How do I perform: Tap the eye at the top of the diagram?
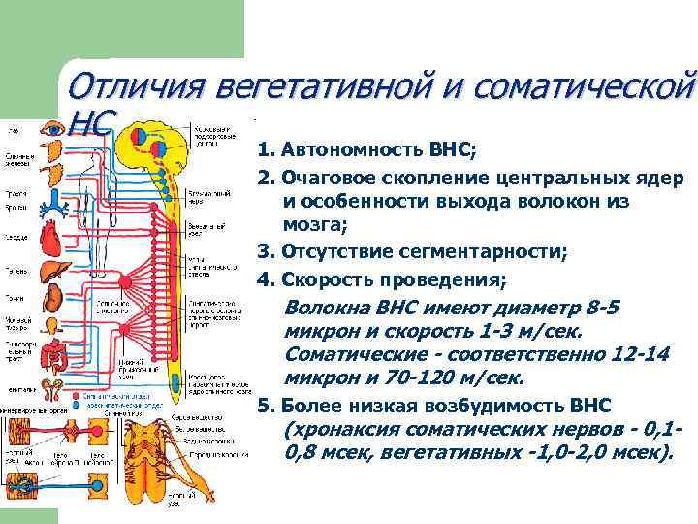click(50, 132)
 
